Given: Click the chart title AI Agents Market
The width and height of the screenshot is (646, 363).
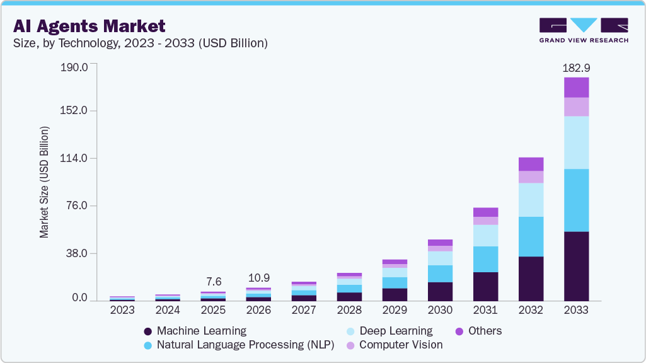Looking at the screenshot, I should [89, 26].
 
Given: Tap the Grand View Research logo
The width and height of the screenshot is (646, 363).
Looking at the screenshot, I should [583, 30].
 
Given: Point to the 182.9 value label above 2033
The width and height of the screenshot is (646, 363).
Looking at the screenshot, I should [576, 67].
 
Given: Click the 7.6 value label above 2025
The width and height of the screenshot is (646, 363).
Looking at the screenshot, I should [213, 281].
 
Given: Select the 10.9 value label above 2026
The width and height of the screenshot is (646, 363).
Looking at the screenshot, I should [258, 277].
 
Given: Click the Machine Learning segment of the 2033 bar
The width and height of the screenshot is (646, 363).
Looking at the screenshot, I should [576, 266].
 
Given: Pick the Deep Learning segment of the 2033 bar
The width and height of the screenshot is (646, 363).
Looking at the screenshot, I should [576, 142].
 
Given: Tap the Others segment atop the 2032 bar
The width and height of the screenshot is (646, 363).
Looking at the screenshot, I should [531, 164].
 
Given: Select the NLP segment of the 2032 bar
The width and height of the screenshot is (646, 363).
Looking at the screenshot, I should [531, 236].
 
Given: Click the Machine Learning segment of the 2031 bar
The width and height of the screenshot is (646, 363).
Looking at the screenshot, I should [485, 286].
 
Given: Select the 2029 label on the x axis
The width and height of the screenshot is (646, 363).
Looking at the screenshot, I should [395, 310].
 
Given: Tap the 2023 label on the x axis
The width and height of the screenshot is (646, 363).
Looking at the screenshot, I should [122, 310].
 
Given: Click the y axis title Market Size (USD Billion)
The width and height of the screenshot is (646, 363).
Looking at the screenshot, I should [44, 182].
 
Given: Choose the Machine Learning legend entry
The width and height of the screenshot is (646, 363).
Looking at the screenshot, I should [195, 331].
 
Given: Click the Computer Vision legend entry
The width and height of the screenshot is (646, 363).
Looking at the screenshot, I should [395, 345].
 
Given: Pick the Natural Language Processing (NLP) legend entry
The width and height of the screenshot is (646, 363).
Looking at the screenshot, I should [239, 345].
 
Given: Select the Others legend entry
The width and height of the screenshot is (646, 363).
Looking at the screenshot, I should [479, 331].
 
